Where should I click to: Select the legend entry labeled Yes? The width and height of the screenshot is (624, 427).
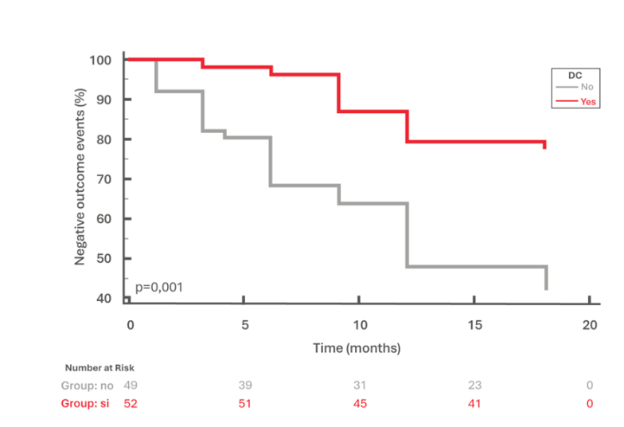pyautogui.click(x=588, y=102)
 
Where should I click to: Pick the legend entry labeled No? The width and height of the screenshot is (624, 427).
pyautogui.click(x=587, y=87)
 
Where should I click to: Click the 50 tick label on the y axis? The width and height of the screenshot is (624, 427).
pyautogui.click(x=103, y=259)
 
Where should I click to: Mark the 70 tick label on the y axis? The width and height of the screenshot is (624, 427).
pyautogui.click(x=103, y=179)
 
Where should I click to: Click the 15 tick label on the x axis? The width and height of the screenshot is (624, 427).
pyautogui.click(x=474, y=325)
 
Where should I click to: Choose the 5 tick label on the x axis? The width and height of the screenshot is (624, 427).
pyautogui.click(x=244, y=325)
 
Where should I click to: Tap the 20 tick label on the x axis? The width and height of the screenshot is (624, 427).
pyautogui.click(x=589, y=325)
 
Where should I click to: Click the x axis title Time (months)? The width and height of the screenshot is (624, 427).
pyautogui.click(x=357, y=348)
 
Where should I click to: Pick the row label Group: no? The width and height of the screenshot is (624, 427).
pyautogui.click(x=88, y=386)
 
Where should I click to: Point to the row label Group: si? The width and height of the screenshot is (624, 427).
pyautogui.click(x=86, y=404)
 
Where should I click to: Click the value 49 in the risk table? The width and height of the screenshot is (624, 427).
pyautogui.click(x=131, y=386)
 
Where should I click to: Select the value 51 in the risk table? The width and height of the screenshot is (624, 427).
pyautogui.click(x=244, y=404)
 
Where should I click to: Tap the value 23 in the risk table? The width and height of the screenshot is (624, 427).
pyautogui.click(x=474, y=386)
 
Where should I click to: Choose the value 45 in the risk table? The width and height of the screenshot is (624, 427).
pyautogui.click(x=359, y=404)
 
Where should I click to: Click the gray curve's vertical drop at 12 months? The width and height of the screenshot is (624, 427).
pyautogui.click(x=408, y=235)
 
